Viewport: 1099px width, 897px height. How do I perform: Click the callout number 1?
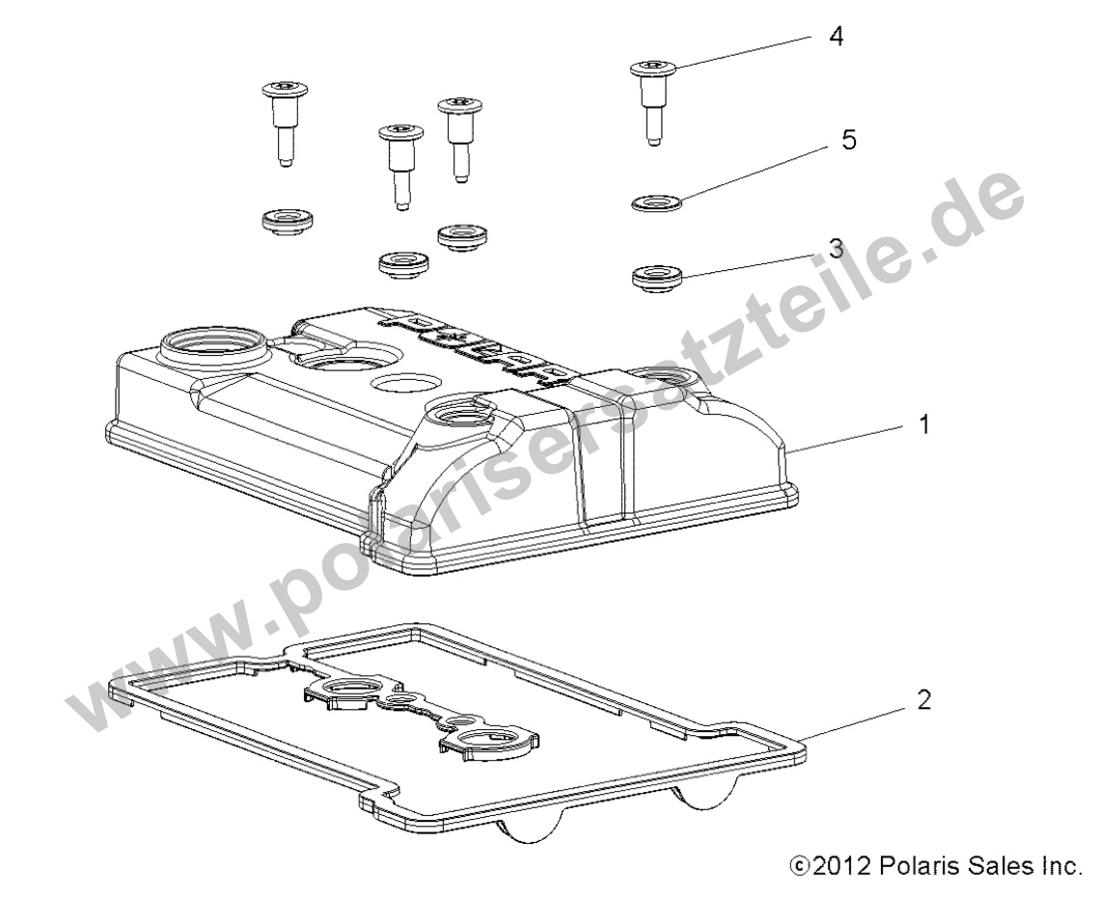[x=923, y=424]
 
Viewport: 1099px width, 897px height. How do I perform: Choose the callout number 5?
[x=848, y=140]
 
